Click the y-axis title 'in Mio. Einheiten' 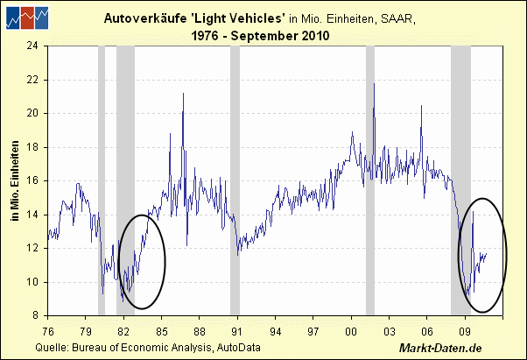tap(16, 180)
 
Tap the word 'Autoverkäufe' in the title tap(139, 18)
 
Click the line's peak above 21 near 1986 tap(183, 93)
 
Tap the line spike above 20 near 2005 tap(421, 106)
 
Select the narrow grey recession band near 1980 tap(102, 180)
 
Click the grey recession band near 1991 tap(235, 180)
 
